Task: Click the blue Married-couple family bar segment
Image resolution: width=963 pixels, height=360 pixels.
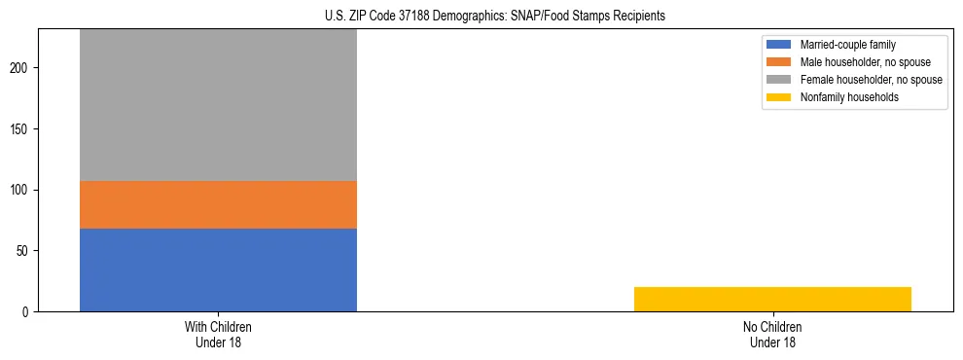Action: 218,270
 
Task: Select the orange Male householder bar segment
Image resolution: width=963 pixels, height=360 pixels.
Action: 218,204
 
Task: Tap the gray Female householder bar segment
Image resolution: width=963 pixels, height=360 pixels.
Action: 218,105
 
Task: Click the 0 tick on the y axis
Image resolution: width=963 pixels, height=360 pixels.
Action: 28,311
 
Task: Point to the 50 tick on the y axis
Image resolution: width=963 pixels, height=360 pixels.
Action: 25,251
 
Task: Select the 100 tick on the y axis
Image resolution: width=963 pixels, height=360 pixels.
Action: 22,190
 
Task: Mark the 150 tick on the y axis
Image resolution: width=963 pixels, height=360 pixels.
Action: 22,129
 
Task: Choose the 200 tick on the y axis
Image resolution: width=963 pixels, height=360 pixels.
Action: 22,68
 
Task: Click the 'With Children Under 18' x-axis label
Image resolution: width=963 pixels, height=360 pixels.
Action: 218,335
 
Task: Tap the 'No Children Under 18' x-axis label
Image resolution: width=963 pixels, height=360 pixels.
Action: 772,335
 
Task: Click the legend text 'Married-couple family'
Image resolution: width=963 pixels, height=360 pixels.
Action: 847,45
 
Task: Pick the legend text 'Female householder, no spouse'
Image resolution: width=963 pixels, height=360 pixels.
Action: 871,80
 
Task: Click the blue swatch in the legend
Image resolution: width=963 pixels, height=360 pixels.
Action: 779,45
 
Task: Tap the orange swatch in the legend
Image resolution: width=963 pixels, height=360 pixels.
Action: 779,62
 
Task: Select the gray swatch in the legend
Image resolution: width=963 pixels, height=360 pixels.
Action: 779,80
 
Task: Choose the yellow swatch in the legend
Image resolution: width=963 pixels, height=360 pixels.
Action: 779,97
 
